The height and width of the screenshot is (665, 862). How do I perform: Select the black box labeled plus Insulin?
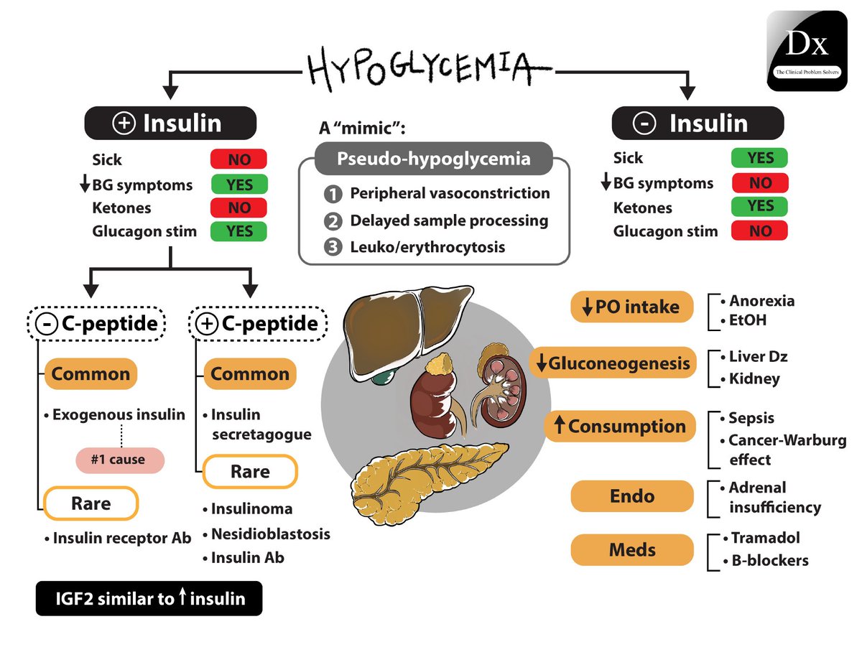coord(170,123)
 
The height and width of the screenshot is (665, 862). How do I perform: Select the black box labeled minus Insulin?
coord(697,123)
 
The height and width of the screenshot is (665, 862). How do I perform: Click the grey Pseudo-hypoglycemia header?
coord(434,159)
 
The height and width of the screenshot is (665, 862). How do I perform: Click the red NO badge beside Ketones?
coord(238,208)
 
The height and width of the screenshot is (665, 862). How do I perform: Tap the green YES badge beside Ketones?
coord(759,207)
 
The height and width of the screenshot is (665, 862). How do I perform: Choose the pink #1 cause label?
coord(120,460)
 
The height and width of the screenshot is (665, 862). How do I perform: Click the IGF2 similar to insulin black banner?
coord(149,599)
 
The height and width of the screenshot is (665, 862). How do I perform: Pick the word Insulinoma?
coord(251,509)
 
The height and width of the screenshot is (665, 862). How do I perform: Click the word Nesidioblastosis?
coord(270,534)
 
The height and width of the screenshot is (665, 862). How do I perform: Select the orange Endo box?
coord(632,496)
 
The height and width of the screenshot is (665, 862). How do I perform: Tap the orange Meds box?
coord(632,550)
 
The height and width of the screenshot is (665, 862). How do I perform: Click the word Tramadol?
coord(765,538)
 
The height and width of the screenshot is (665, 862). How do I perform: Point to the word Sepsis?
coord(751,418)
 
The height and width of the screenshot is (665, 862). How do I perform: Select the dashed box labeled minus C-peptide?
coord(98,324)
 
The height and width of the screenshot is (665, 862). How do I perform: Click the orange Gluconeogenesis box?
coord(613,363)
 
